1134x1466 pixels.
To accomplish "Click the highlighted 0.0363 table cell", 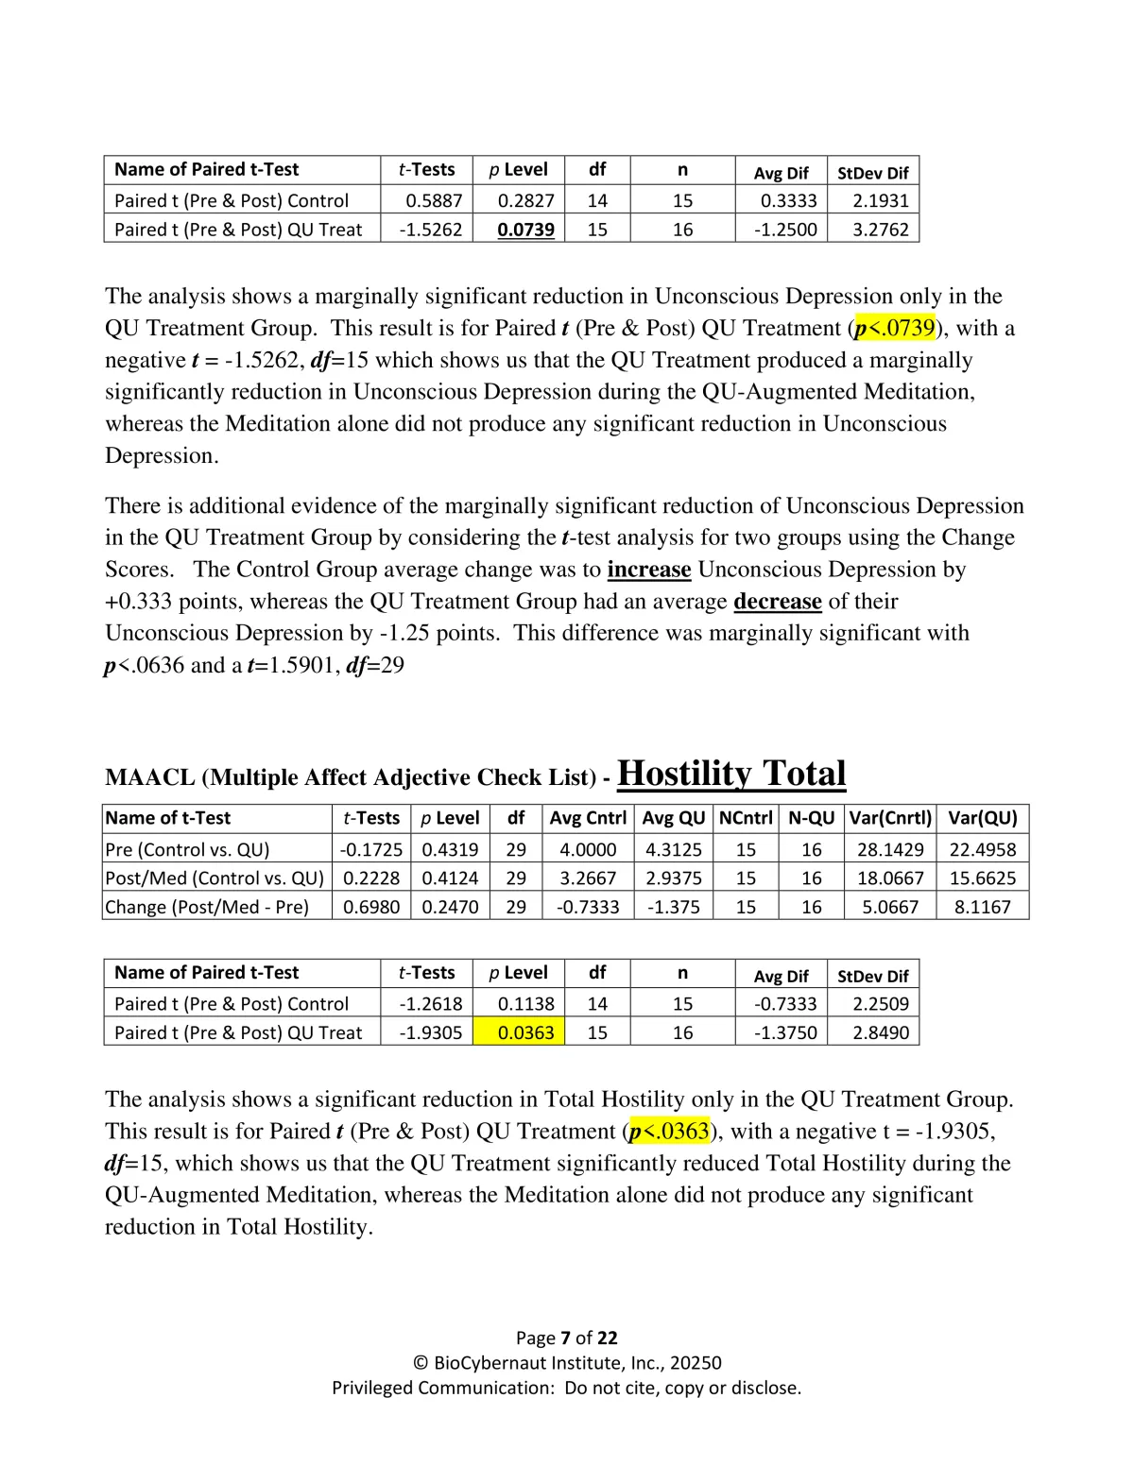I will [x=525, y=1032].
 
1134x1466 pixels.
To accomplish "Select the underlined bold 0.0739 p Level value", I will [x=525, y=230].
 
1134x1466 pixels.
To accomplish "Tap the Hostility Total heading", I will [x=730, y=774].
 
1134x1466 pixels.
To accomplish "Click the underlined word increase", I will [x=648, y=570].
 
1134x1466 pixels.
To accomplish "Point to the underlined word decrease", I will [x=777, y=602].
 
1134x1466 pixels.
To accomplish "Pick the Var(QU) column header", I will [x=983, y=818].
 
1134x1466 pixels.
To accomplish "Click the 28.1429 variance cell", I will [x=890, y=849].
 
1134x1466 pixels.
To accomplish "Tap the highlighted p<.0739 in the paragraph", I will [x=894, y=328].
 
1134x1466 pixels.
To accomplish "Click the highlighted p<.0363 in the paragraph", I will [x=668, y=1131].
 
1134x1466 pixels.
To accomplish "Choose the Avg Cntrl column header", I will [x=588, y=818].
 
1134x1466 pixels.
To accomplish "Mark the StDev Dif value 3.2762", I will [x=880, y=230].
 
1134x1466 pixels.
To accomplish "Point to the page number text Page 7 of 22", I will [x=566, y=1338].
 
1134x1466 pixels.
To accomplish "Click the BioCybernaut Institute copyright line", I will [x=566, y=1363].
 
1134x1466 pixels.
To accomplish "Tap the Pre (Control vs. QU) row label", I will [x=187, y=849].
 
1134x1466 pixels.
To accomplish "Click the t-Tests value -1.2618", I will [x=430, y=1004].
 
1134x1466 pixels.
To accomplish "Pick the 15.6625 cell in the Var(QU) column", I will [x=982, y=878].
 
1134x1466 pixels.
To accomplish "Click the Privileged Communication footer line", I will [x=566, y=1388].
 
